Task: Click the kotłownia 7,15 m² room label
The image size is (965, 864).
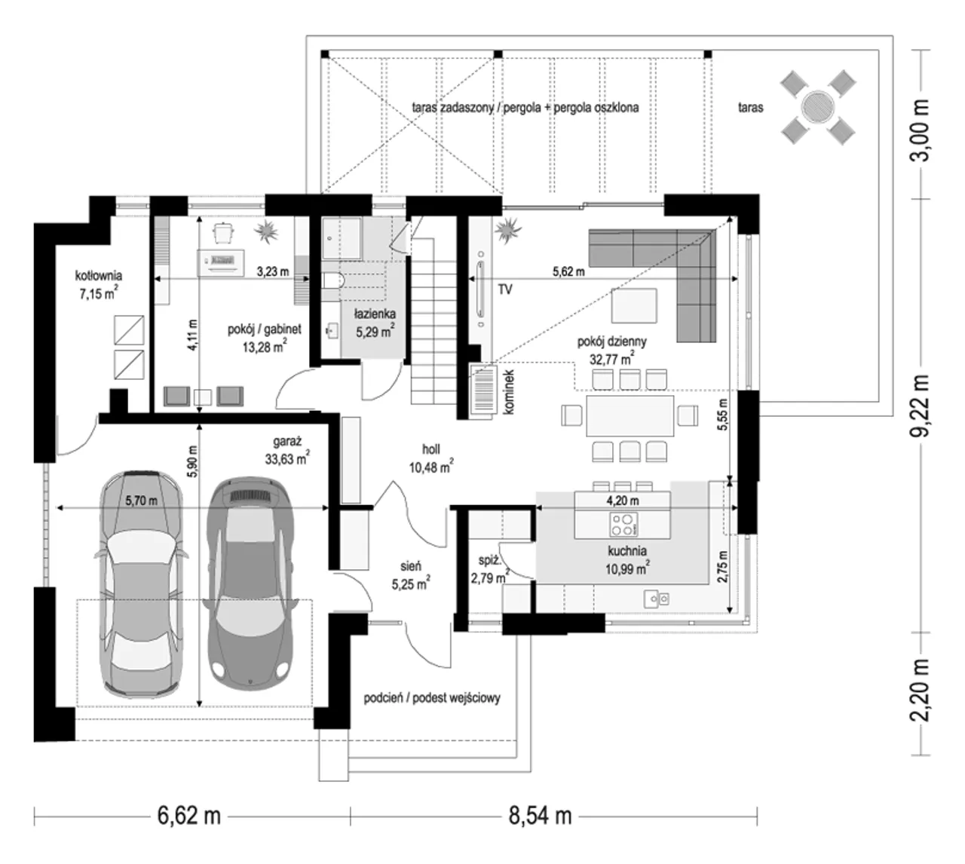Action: (x=98, y=285)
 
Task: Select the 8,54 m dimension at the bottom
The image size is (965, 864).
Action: (x=540, y=816)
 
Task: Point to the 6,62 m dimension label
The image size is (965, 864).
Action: (x=189, y=816)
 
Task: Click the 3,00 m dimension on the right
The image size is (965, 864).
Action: (x=919, y=130)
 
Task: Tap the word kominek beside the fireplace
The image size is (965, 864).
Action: (x=508, y=391)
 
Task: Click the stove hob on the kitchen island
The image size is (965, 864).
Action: (x=623, y=524)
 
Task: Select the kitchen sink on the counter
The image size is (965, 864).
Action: (x=656, y=599)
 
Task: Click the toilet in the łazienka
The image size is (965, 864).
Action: (x=333, y=280)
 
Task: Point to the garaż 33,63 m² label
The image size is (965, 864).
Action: (x=286, y=451)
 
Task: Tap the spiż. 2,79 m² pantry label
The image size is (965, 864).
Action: (x=489, y=569)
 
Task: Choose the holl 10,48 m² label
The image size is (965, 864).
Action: (x=430, y=458)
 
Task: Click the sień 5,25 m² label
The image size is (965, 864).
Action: (x=411, y=575)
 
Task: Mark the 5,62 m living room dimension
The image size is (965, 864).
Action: (x=568, y=272)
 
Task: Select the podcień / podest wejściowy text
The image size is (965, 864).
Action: (x=431, y=698)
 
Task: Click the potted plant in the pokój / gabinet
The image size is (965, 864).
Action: (x=266, y=231)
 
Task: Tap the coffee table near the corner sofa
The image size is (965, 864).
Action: (x=634, y=305)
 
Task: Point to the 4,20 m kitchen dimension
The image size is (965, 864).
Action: (x=623, y=501)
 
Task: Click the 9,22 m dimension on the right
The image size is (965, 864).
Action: (x=919, y=406)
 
